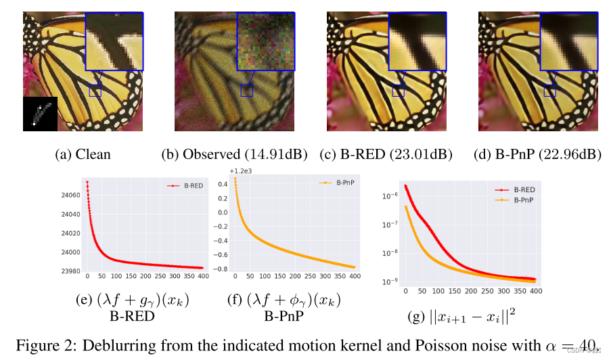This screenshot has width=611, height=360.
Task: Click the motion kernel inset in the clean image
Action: (40, 113)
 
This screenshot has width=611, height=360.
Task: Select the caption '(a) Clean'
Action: (83, 154)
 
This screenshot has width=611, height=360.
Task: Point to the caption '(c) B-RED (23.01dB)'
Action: (386, 154)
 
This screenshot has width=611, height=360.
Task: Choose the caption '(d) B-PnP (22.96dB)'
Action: (539, 154)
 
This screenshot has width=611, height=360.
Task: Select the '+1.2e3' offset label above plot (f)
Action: (242, 171)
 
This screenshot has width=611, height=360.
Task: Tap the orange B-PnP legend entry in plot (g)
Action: (518, 200)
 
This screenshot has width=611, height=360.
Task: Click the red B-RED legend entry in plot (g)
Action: (518, 190)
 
